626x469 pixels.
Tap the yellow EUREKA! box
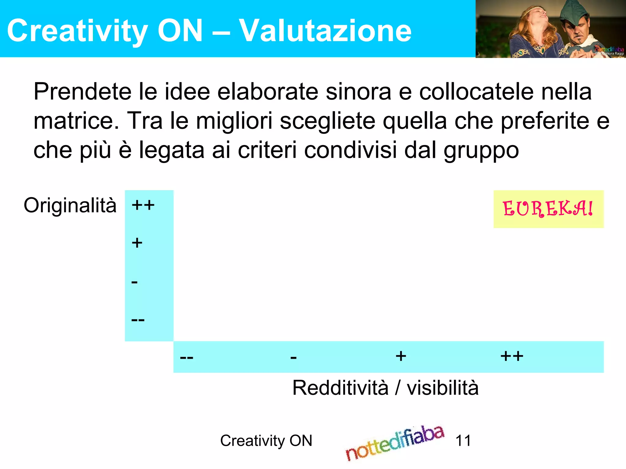click(548, 209)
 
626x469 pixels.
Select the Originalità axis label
click(70, 205)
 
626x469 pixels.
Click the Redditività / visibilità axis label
click(385, 388)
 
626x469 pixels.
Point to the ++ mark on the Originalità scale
click(143, 205)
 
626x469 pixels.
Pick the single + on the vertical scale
click(137, 243)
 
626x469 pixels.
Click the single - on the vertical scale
click(134, 282)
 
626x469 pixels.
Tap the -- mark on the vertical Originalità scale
click(138, 320)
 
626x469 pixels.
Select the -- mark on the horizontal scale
click(186, 357)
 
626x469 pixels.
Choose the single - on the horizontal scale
click(293, 357)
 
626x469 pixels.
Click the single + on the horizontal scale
click(401, 356)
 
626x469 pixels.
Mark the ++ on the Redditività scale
click(512, 356)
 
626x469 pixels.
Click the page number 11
click(463, 441)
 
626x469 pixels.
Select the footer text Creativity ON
click(266, 441)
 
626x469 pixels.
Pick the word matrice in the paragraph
click(76, 121)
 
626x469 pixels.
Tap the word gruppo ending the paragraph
click(481, 150)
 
